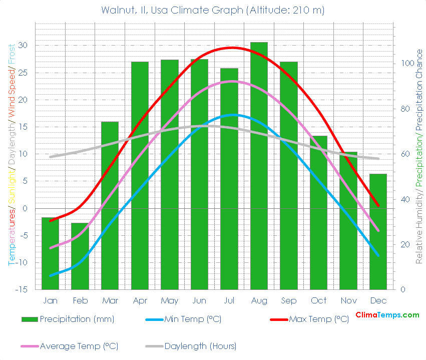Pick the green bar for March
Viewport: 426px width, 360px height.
[x=110, y=205]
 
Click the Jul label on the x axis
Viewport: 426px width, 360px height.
[x=229, y=300]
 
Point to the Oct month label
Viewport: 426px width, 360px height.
[x=318, y=300]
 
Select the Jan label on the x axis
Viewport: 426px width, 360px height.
[x=50, y=300]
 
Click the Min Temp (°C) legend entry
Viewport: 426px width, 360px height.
[x=193, y=319]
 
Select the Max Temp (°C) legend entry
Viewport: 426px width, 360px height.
[x=318, y=319]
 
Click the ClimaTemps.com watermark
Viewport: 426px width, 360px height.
[x=387, y=315]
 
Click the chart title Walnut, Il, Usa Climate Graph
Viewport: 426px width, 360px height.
[x=213, y=10]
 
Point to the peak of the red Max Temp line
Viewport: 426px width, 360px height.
[x=231, y=48]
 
